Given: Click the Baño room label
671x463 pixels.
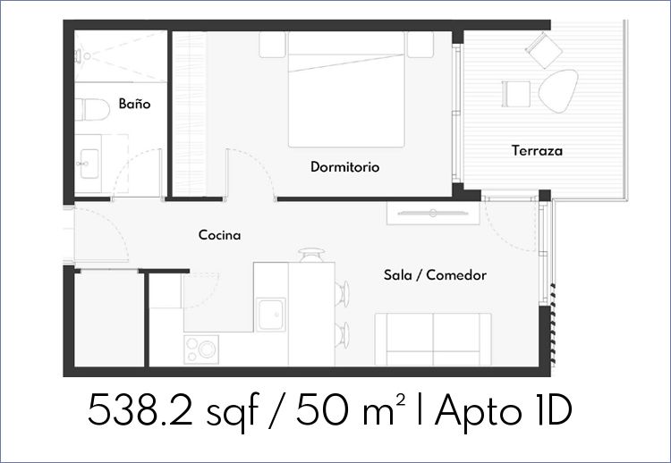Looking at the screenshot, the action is tap(134, 104).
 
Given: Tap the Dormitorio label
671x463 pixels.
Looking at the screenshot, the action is tap(345, 167).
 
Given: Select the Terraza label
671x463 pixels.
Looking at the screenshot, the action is tap(537, 150).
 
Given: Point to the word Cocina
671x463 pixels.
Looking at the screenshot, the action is tap(219, 235).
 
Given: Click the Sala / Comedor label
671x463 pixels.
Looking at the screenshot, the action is tap(435, 275).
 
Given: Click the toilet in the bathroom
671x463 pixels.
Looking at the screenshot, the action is tap(92, 109).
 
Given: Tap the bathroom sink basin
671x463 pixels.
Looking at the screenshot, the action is tap(89, 164).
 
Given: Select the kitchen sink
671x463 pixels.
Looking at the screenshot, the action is tap(271, 315).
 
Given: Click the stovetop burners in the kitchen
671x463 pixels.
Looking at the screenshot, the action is tap(201, 349).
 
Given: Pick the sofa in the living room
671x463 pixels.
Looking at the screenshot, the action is tap(433, 340).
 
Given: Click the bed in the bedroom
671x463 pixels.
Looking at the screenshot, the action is tap(346, 89).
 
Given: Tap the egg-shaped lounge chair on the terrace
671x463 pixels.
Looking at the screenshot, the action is tap(558, 90).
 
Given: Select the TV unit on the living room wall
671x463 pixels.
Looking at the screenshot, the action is tap(433, 213).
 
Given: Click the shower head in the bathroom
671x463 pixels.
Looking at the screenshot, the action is tap(82, 56).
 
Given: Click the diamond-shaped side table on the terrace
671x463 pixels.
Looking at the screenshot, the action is tap(544, 50).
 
